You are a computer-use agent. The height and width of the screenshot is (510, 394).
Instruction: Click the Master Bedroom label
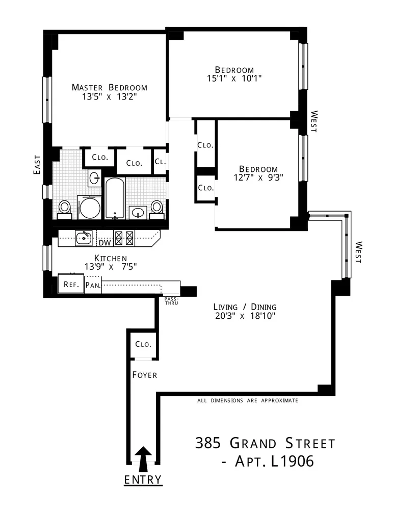pos(109,87)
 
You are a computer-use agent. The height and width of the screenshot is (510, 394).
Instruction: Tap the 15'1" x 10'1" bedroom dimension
pos(234,79)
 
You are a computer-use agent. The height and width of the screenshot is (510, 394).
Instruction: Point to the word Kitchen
pos(110,258)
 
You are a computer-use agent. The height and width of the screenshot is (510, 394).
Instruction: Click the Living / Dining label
pos(245,307)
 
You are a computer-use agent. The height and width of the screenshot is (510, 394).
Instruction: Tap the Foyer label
pos(144,375)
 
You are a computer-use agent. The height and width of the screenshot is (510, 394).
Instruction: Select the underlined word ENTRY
pos(144,480)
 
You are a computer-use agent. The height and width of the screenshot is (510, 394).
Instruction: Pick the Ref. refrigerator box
pos(70,284)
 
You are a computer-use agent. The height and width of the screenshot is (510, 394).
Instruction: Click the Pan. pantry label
pos(93,285)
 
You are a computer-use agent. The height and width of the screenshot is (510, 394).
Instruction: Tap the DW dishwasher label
pos(104,243)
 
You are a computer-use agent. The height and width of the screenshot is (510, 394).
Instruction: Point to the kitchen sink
pos(83,238)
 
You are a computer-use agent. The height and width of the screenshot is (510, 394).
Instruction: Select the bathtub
pos(115,198)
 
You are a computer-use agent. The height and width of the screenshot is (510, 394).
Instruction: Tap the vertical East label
pos(37,165)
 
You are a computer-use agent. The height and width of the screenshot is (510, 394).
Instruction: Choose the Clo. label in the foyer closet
pos(143,344)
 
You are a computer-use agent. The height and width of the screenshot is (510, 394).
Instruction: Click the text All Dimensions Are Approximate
pos(247,401)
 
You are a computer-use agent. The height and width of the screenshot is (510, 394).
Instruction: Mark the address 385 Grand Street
pos(266,443)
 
